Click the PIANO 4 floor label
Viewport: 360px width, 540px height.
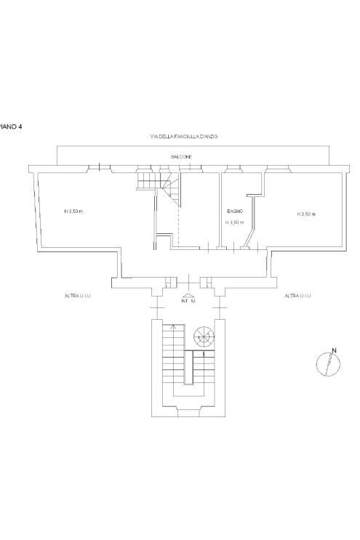(11, 126)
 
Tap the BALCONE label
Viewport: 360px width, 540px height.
(181, 156)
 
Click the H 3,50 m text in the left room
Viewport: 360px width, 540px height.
(73, 211)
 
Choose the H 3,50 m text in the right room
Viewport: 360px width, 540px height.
(305, 214)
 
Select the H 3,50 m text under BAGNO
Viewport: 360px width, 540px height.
(234, 222)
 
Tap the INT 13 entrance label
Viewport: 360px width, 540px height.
(188, 302)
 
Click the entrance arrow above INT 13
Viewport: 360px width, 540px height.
(188, 294)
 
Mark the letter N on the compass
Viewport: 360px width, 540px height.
(334, 352)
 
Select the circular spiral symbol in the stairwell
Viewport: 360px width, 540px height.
(204, 336)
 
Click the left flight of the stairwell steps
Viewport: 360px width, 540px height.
(172, 363)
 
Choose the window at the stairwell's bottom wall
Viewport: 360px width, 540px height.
(188, 414)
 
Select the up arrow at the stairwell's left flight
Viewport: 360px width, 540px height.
(172, 329)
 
